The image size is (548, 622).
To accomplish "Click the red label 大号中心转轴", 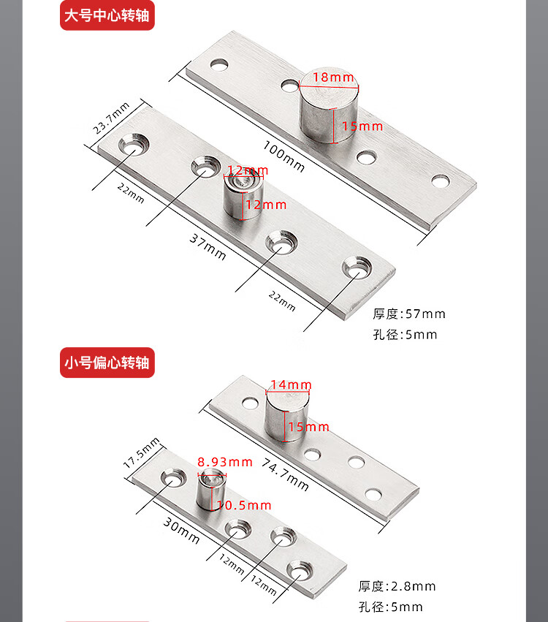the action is (107, 15).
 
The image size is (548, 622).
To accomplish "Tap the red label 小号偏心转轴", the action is (107, 363).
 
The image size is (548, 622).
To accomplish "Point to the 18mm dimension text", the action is (333, 77).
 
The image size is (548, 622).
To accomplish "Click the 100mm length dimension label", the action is (284, 156).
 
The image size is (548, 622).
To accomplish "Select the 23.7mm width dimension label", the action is (111, 118).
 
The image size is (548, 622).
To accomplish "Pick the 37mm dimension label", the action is (208, 247).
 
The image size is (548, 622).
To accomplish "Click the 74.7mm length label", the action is (285, 474).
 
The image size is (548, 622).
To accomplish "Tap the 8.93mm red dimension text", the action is (225, 462).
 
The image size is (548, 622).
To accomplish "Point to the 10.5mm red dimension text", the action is (244, 505).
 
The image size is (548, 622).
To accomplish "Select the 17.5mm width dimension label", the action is (142, 453).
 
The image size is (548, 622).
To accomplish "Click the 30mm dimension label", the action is (182, 531).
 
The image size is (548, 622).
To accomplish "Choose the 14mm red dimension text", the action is (291, 384).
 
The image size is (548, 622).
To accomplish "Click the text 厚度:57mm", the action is (409, 314).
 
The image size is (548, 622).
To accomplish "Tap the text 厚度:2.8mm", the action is (397, 586).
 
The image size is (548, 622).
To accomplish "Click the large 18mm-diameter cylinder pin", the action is (329, 105).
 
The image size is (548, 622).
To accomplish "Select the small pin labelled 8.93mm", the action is (211, 489).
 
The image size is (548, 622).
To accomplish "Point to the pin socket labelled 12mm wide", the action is (243, 193).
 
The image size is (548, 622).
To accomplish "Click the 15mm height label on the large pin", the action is (362, 126).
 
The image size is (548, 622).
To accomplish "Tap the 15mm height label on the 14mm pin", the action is (308, 427).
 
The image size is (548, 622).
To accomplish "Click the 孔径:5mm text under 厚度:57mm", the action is (405, 335).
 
